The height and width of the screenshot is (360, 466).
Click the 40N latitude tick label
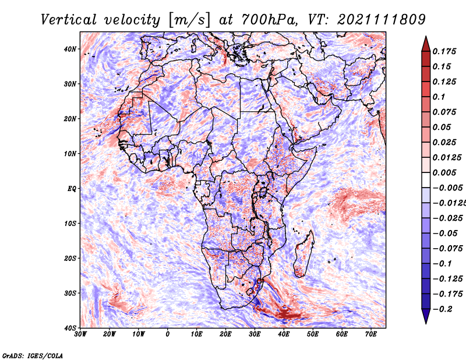[x=70, y=49]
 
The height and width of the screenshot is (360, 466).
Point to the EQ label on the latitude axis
[x=72, y=189]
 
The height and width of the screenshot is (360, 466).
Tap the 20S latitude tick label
[x=70, y=258]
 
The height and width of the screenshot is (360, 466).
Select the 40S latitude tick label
[x=70, y=328]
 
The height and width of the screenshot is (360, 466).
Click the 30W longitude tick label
[x=80, y=334]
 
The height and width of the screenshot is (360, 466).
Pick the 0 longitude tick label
[x=168, y=334]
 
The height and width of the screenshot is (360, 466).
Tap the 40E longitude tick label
[x=284, y=334]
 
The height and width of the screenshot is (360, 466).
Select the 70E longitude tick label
[x=371, y=334]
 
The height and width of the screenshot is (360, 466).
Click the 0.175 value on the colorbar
[x=444, y=51]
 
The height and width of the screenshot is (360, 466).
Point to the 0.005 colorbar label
[x=444, y=172]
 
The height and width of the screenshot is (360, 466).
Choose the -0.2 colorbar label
[x=442, y=309]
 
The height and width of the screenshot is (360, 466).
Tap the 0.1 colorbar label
[x=439, y=97]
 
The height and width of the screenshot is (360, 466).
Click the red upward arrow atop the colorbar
[x=426, y=44]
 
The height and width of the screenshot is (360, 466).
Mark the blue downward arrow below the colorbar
[x=426, y=316]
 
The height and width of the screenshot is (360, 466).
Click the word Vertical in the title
[x=69, y=20]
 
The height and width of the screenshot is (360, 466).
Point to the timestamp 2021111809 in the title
[x=382, y=20]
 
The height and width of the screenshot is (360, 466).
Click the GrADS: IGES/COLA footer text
[x=33, y=355]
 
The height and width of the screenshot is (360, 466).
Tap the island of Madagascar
[x=304, y=253]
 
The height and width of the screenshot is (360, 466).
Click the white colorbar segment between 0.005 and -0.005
[x=426, y=180]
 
